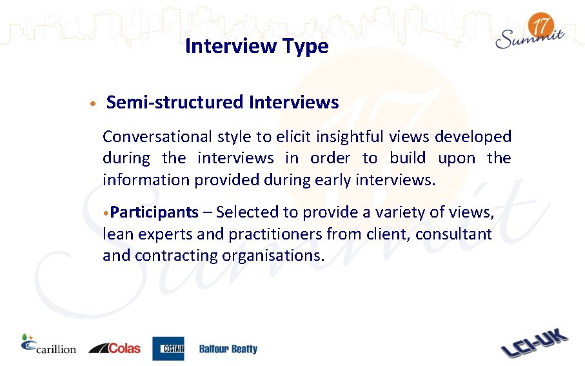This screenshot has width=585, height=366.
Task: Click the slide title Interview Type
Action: [x=257, y=46]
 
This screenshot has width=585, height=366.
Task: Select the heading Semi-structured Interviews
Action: [x=223, y=102]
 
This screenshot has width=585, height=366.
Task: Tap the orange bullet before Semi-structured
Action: [x=94, y=103]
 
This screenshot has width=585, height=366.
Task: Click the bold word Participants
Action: [x=154, y=212]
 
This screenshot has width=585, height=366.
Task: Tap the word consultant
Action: [x=453, y=234]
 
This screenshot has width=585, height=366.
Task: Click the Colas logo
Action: [x=114, y=348]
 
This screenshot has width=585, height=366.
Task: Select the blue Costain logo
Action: [x=168, y=349]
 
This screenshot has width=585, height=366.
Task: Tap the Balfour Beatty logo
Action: [x=228, y=349]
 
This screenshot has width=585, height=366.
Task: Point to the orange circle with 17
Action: [x=540, y=27]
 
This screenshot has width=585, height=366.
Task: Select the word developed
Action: [x=473, y=137]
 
